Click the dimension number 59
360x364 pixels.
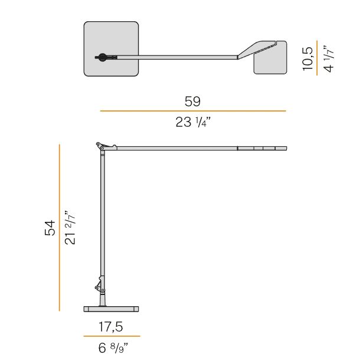pyautogui.click(x=192, y=101)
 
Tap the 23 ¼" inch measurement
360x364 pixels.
pyautogui.click(x=193, y=122)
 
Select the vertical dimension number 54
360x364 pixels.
pyautogui.click(x=50, y=228)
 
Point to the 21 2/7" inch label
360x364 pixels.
pyautogui.click(x=70, y=228)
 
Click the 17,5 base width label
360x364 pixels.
pyautogui.click(x=111, y=327)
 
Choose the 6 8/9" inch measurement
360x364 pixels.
pyautogui.click(x=113, y=347)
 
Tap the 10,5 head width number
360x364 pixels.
pyautogui.click(x=307, y=58)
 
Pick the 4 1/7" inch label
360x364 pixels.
pyautogui.click(x=329, y=58)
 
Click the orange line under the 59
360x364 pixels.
pyautogui.click(x=193, y=111)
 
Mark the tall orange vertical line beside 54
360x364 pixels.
pyautogui.click(x=60, y=228)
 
